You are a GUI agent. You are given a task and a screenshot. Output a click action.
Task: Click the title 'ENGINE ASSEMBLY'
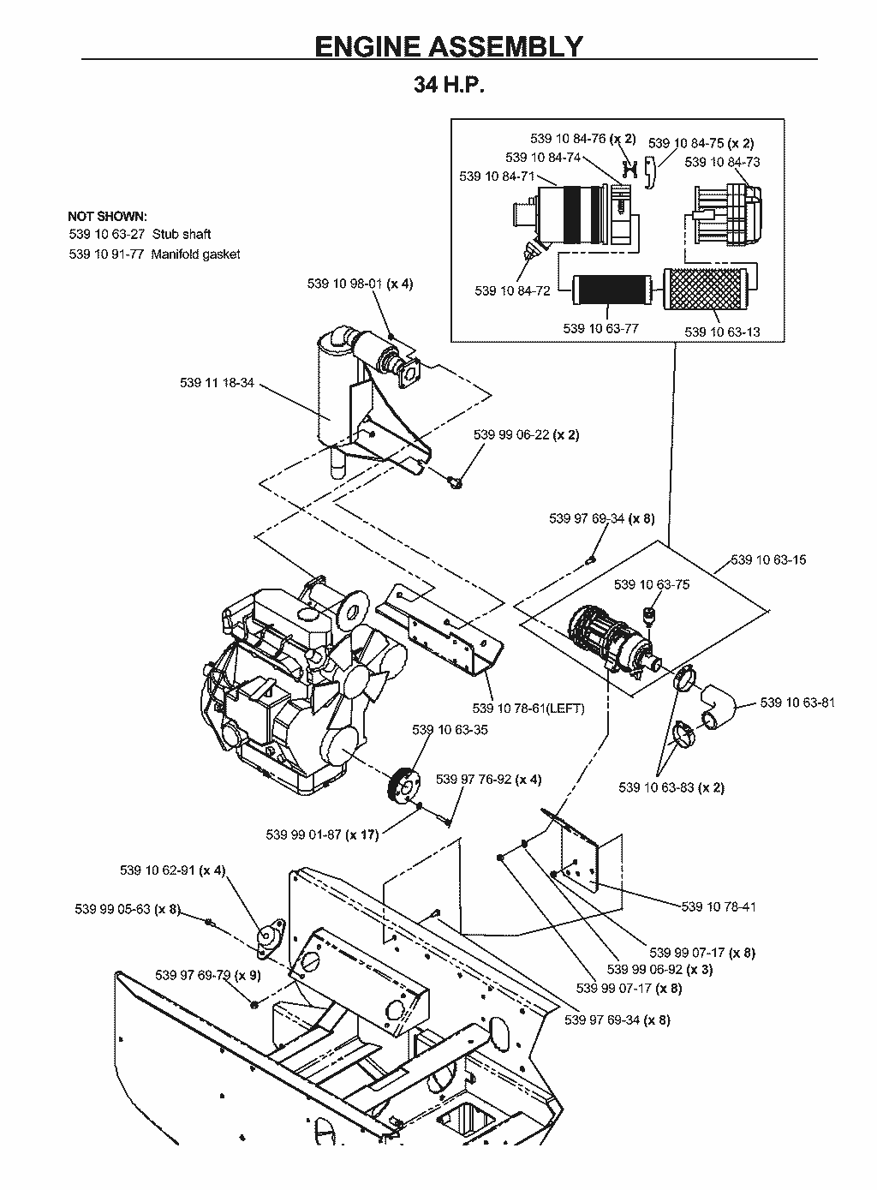click(449, 46)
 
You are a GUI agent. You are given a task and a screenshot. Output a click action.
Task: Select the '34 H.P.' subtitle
click(449, 85)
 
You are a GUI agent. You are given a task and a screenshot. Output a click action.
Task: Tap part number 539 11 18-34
click(217, 382)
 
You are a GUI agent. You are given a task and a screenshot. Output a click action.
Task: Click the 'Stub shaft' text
click(182, 234)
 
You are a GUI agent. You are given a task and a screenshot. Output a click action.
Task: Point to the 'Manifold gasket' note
click(195, 254)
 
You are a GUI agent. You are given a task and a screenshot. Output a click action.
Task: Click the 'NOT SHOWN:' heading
click(107, 216)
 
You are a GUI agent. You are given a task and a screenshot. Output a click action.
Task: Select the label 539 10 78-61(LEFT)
click(528, 709)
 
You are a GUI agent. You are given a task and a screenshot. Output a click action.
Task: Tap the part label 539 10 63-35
click(450, 730)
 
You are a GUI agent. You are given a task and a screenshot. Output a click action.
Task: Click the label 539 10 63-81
click(797, 703)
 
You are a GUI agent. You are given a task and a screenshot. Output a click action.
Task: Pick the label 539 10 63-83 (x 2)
click(671, 787)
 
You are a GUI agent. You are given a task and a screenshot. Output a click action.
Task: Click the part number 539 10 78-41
click(719, 906)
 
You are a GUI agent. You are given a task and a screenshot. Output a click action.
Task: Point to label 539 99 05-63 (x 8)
click(128, 909)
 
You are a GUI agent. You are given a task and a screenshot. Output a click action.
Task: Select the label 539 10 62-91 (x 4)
click(173, 870)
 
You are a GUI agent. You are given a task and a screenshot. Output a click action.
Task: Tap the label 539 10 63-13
click(722, 332)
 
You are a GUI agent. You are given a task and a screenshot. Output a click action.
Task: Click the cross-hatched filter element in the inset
click(706, 289)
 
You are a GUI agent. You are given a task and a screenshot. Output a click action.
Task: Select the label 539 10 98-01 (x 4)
click(360, 284)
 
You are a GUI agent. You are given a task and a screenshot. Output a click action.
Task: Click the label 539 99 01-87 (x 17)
click(322, 834)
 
